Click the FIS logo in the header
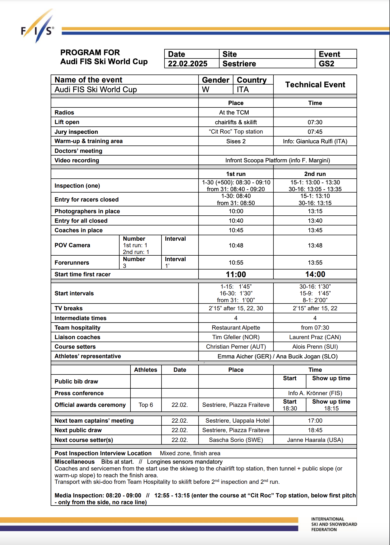tap(38, 27)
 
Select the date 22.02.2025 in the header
tap(187, 64)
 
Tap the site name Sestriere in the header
tap(239, 64)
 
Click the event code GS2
tap(326, 64)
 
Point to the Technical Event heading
tap(315, 85)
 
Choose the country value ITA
tap(243, 89)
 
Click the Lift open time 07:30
tap(315, 122)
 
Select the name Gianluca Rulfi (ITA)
tap(321, 141)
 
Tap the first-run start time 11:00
tap(236, 274)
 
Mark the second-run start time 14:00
tap(315, 274)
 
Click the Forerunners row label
tap(72, 263)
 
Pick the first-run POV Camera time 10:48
tap(236, 246)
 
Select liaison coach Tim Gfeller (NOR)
tap(236, 337)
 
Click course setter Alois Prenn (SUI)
tap(315, 347)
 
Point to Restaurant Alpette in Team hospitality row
tap(236, 328)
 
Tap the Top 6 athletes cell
tap(146, 405)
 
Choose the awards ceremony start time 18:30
tap(290, 408)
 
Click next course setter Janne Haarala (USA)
tap(315, 440)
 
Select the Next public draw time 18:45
tap(315, 430)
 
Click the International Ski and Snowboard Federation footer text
tap(334, 524)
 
